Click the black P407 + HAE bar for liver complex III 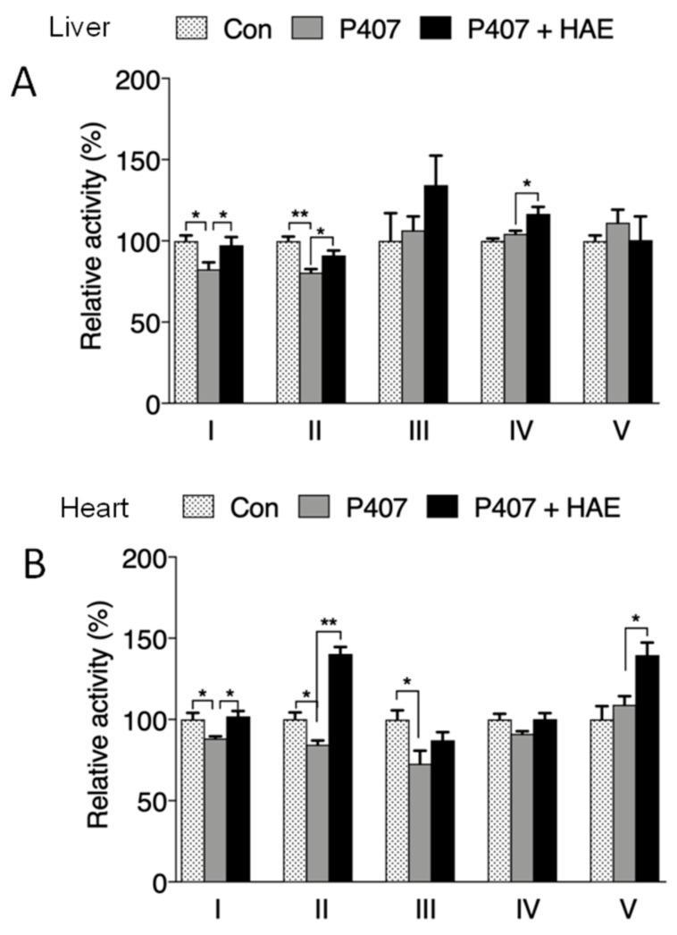point(436,294)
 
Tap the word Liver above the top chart point(79,27)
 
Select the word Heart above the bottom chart point(95,509)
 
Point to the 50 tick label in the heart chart point(148,802)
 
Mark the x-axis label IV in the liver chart point(521,431)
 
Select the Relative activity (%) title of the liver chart point(92,241)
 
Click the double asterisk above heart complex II point(330,621)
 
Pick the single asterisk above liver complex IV point(526,185)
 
